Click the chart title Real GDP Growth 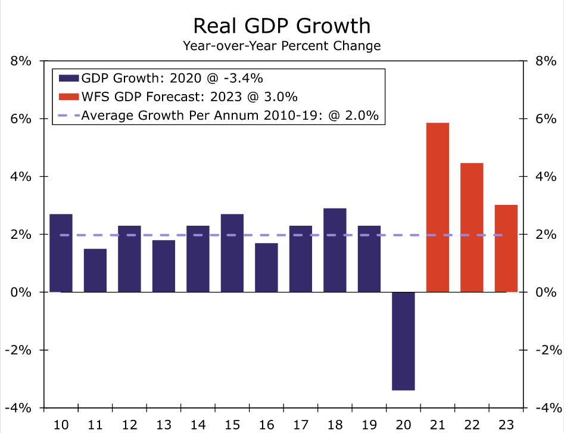(x=282, y=26)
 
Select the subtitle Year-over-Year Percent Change (x=282, y=45)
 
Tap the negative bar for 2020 (x=403, y=341)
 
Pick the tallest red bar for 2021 (x=438, y=207)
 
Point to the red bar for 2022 (x=472, y=228)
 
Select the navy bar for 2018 (x=335, y=250)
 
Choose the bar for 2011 (x=95, y=270)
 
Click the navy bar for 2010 (x=61, y=253)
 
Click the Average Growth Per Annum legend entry (x=230, y=116)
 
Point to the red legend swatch (x=68, y=96)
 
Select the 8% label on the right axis (x=547, y=61)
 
